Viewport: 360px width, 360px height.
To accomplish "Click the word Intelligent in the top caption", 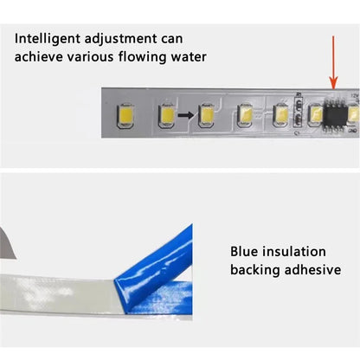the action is [47, 39].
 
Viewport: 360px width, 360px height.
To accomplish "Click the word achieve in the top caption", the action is [38, 56].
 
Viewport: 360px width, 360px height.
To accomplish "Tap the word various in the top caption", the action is [90, 57].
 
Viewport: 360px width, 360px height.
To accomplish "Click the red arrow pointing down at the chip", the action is [333, 62].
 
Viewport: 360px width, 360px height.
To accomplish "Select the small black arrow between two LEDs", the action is [186, 115].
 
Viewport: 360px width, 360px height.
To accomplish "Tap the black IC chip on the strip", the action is [335, 116].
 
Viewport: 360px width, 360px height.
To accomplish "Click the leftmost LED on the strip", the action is [125, 115].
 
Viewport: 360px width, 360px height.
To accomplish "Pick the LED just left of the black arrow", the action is [167, 115].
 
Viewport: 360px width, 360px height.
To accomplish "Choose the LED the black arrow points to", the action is [206, 115].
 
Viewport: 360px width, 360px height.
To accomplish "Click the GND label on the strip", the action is [353, 131].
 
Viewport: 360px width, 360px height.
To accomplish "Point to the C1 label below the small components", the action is [297, 133].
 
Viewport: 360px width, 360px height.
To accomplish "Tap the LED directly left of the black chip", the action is [316, 116].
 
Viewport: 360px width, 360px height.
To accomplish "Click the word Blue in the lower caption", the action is [244, 252].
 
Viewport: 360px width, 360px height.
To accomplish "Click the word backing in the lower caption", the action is [255, 271].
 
